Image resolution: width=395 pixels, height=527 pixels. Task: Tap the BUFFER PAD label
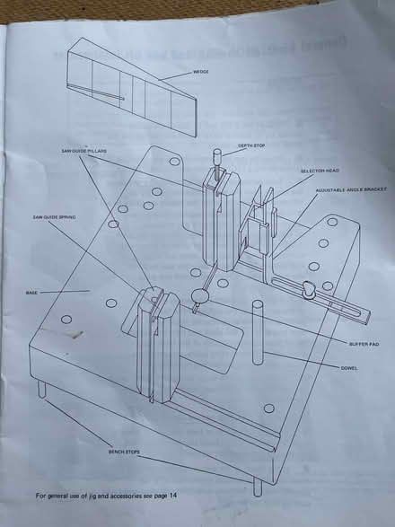coord(361,345)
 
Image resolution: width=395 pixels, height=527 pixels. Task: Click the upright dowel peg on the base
coord(257,333)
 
